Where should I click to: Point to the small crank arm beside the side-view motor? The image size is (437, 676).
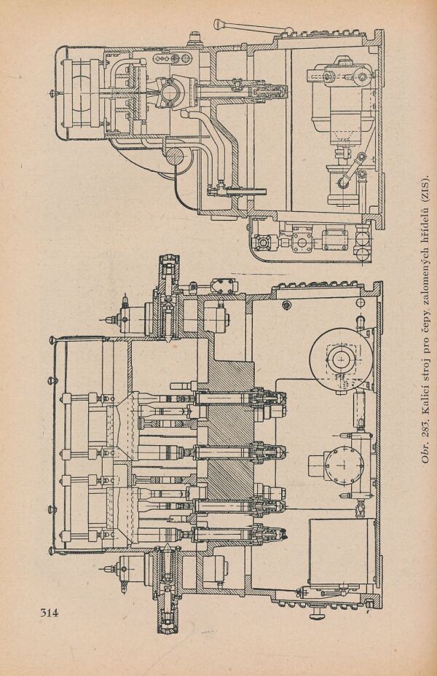350,172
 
